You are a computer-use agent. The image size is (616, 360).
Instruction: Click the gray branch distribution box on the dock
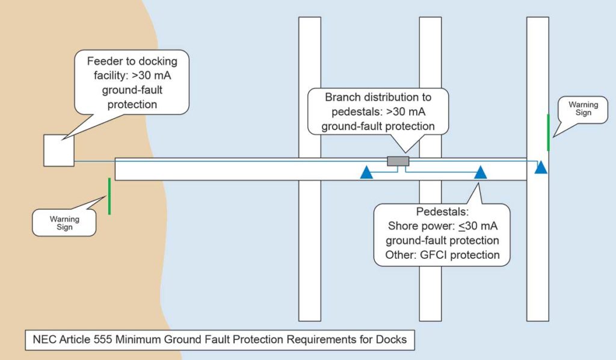click(398, 161)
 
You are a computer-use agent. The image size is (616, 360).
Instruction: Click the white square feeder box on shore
click(58, 151)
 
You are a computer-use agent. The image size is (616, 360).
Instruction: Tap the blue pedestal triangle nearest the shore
click(366, 173)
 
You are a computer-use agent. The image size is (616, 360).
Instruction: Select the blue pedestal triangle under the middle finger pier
click(480, 173)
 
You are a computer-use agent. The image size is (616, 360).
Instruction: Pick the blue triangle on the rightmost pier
click(541, 167)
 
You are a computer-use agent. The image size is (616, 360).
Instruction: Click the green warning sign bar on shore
click(109, 196)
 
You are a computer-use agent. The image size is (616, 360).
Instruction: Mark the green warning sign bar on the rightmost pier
click(548, 132)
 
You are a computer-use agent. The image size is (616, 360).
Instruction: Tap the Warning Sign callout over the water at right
click(584, 109)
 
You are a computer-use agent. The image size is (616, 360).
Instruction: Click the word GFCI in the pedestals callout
click(437, 255)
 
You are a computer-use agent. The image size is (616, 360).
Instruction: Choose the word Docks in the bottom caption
click(392, 340)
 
